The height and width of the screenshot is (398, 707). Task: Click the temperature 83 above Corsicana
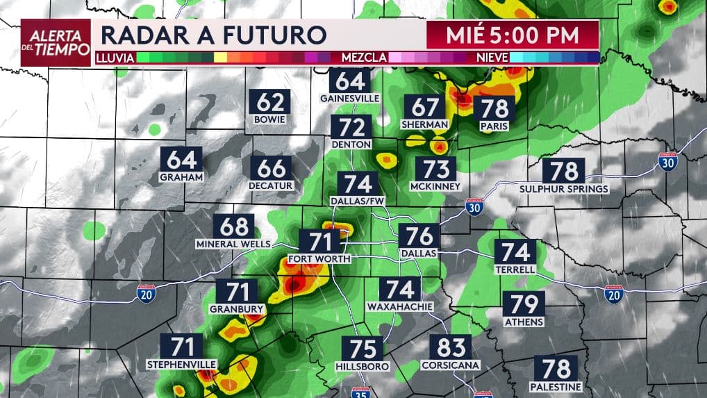(x=450, y=347)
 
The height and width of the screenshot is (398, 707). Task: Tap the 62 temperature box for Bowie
(x=270, y=102)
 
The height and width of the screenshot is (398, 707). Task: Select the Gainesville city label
(x=349, y=99)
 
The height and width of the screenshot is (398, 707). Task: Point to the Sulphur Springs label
(x=564, y=189)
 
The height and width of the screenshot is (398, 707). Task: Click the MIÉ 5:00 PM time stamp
(x=513, y=33)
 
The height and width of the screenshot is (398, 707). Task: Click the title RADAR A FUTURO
(x=213, y=34)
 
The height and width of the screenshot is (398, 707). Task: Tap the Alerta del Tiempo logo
(x=56, y=42)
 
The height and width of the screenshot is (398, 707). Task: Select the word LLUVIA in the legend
(x=115, y=58)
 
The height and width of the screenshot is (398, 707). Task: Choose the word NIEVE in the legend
(x=493, y=58)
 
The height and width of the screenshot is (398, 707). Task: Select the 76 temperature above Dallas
(x=419, y=236)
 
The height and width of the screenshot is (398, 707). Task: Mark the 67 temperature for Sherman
(x=426, y=107)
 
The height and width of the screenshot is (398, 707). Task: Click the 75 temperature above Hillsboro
(x=363, y=348)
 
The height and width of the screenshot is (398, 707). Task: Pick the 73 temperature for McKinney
(x=435, y=169)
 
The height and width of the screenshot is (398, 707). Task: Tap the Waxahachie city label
(x=400, y=306)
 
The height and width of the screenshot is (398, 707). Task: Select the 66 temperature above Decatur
(x=272, y=169)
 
